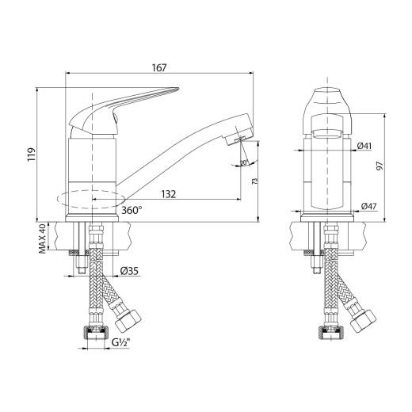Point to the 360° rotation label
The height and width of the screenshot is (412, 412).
click(x=132, y=211)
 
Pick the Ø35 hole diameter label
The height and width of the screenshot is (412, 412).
click(x=130, y=271)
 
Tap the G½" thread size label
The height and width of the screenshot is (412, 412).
click(x=121, y=343)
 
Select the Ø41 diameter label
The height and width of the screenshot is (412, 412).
click(x=365, y=146)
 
